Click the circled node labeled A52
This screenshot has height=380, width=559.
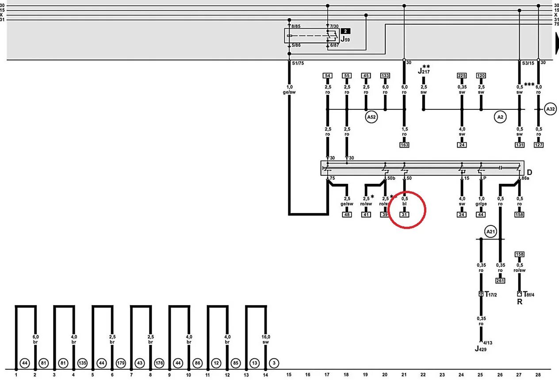pos(371,117)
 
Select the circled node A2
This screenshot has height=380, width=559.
pos(500,117)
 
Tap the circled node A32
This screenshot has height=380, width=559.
pos(550,109)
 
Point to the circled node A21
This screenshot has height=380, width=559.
pos(490,231)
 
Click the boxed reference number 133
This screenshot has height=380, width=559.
pos(385,76)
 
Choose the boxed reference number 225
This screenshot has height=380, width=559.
pos(462,76)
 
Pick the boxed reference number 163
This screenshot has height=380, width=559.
pos(404,145)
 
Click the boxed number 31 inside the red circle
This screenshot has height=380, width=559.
pos(404,215)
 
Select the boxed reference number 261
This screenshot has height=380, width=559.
pos(500,280)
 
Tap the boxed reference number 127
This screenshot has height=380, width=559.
pos(538,145)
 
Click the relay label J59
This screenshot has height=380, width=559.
pos(345,39)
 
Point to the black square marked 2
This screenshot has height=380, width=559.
pos(345,31)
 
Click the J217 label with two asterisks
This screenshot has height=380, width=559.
pos(424,69)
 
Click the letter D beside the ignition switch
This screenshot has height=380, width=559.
pos(529,172)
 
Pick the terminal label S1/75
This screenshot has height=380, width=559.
pos(298,63)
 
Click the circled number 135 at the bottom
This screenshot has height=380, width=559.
pos(82,363)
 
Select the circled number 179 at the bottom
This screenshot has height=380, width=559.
pos(121,363)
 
